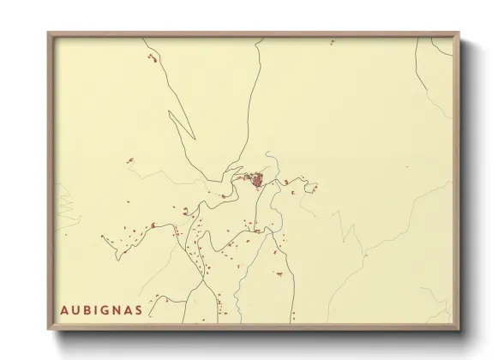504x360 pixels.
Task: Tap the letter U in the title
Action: point(75,308)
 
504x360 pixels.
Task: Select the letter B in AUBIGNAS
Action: point(88,308)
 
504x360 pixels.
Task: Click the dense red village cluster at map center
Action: point(257,180)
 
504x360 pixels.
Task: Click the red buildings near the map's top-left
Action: point(153,58)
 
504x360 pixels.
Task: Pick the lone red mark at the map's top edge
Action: point(331,41)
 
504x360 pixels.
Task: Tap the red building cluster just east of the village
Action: point(311,188)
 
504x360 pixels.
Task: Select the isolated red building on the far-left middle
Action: point(129,160)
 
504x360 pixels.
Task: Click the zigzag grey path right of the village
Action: point(350,231)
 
